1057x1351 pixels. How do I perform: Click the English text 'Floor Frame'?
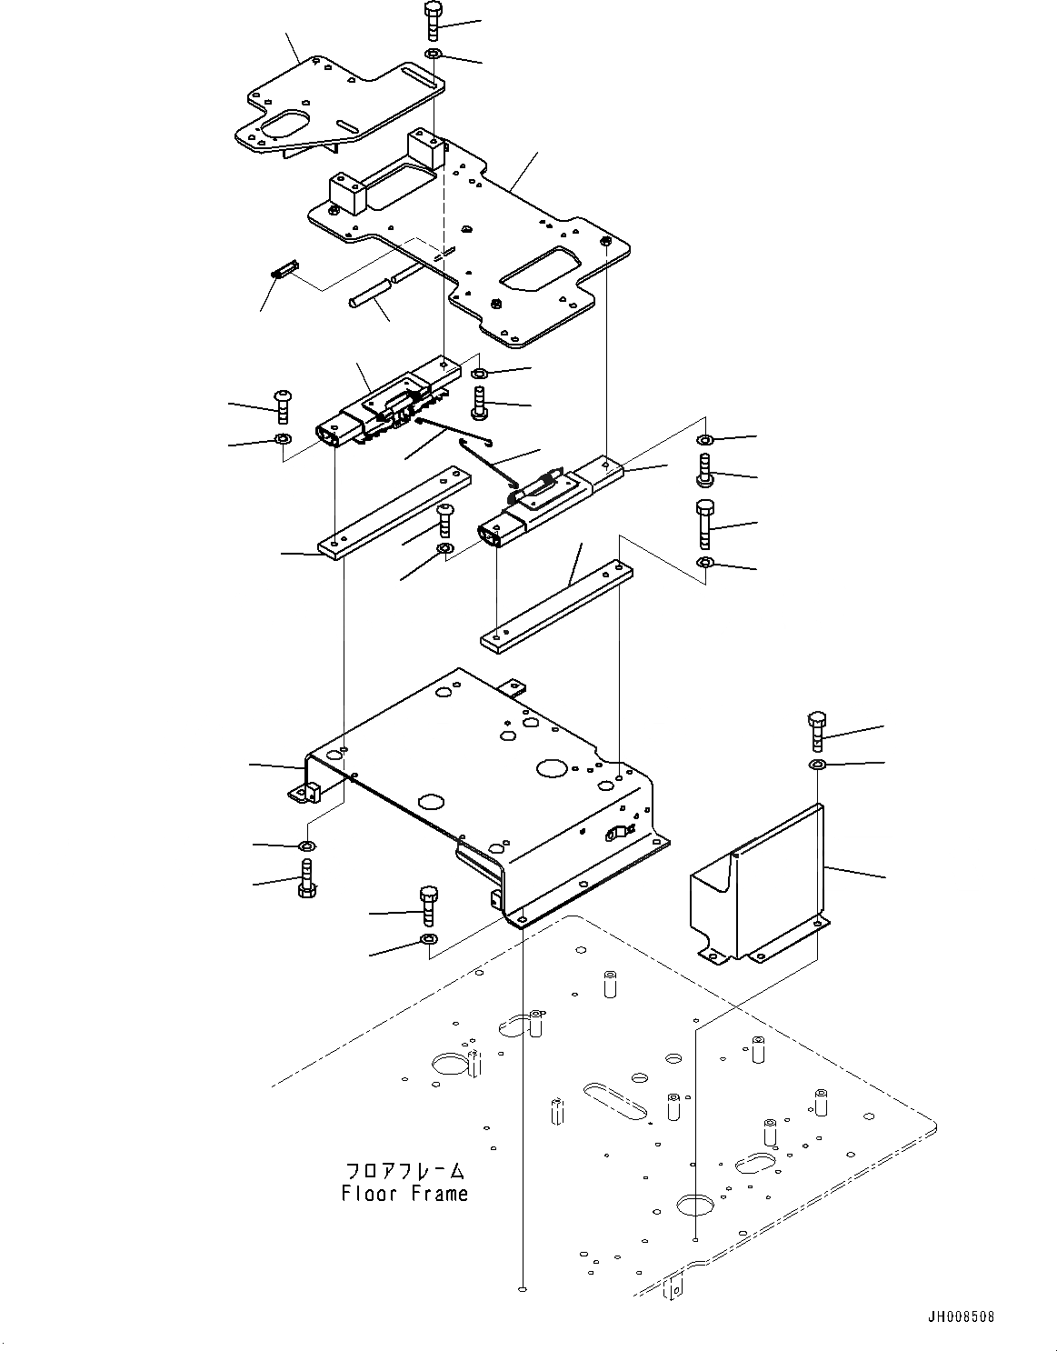[x=405, y=1194]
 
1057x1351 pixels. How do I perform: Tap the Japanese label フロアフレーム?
[x=405, y=1170]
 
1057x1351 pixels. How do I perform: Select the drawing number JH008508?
[x=961, y=1316]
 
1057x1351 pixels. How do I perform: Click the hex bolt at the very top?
[x=433, y=20]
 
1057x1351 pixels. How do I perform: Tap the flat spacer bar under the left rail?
[x=393, y=513]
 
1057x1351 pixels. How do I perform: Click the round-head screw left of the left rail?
[x=282, y=405]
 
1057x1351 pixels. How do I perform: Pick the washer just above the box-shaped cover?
[x=816, y=765]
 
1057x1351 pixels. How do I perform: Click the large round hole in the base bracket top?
[x=550, y=768]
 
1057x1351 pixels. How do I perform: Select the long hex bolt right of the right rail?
[x=705, y=522]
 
